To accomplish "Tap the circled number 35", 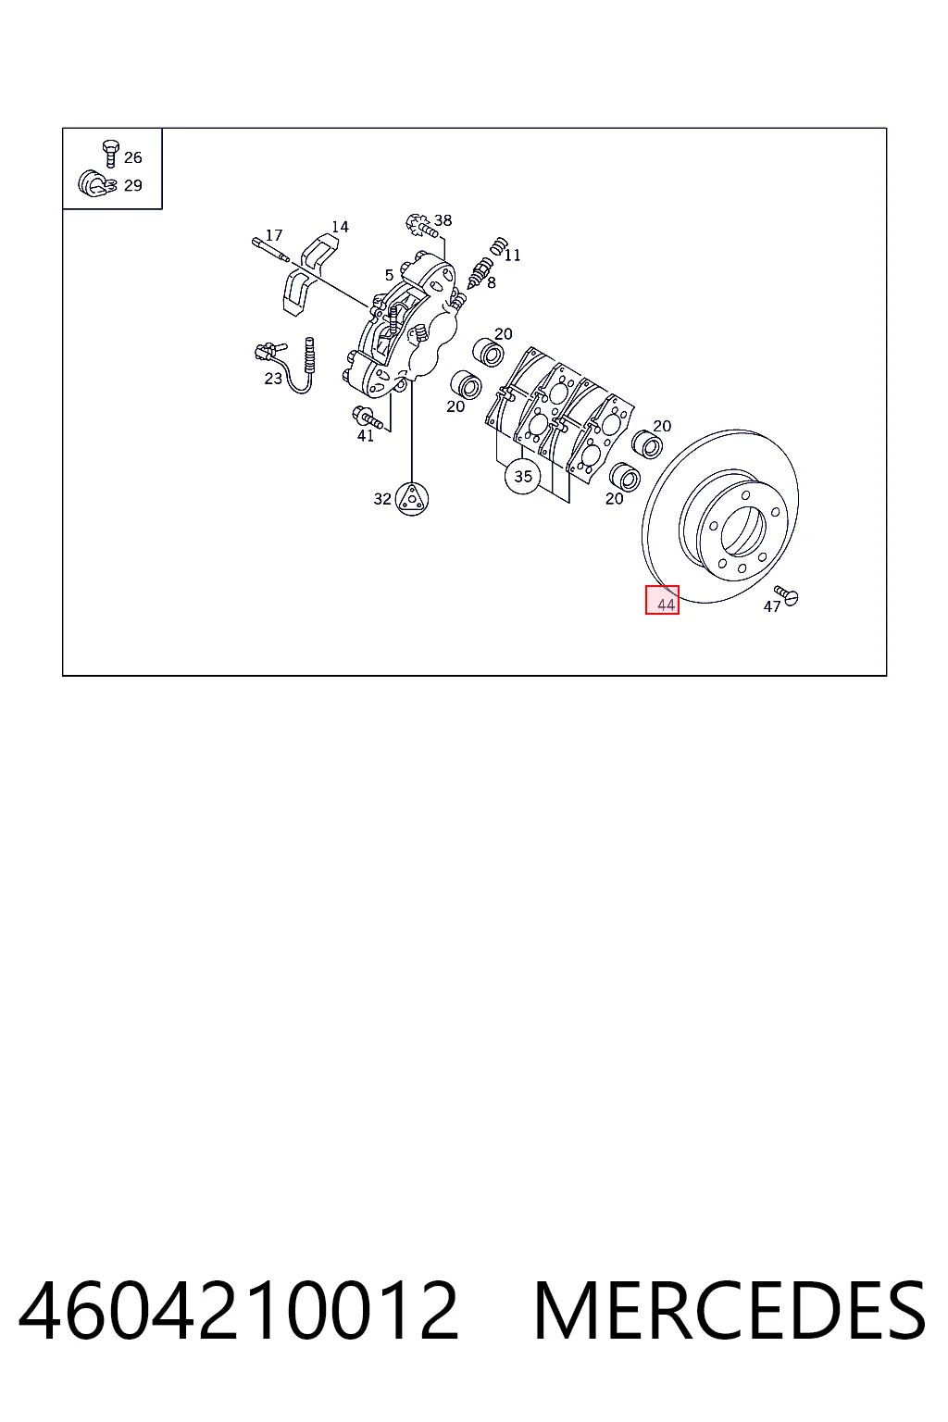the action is tap(522, 476).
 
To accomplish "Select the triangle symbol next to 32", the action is tap(411, 499).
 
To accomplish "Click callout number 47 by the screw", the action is tap(771, 607).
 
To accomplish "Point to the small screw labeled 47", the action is tap(787, 595).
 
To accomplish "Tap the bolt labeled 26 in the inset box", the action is tap(110, 153).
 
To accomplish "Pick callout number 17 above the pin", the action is tap(274, 235).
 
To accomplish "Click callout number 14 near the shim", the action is tap(341, 227).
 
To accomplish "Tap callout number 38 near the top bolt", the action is tap(443, 220).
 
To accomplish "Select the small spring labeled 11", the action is tap(498, 246).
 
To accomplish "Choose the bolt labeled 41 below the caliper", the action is tap(367, 418).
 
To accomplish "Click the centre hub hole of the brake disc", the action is tap(742, 530).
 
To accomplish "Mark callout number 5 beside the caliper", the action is tap(389, 275).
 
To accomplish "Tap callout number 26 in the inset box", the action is tap(132, 157).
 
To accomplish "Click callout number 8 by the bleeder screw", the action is tap(492, 283).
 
